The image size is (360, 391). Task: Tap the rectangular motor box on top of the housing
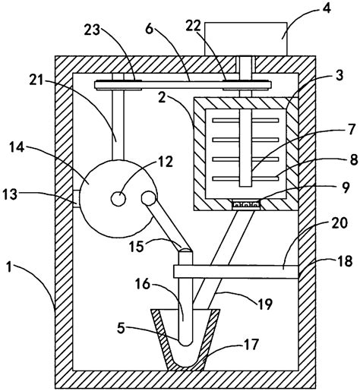pos(245,38)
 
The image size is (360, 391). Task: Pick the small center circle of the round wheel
pos(119,198)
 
